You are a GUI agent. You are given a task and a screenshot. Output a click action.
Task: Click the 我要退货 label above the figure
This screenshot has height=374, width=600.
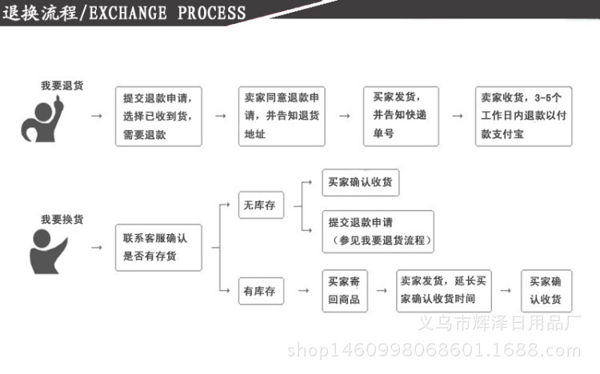pos(61,85)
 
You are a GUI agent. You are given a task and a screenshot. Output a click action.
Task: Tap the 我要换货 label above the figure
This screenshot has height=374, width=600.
pos(61,219)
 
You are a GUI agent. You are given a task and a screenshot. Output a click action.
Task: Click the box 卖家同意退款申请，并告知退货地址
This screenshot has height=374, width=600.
pos(282,117)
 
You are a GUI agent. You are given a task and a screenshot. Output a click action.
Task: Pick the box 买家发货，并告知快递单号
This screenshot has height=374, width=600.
pos(401,116)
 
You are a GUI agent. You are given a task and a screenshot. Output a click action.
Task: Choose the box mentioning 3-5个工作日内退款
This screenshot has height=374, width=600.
pos(523,116)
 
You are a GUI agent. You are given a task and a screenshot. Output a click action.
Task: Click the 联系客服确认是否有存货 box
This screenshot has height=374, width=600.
pos(158,248)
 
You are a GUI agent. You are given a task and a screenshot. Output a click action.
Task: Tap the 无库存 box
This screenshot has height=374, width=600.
pos(260,206)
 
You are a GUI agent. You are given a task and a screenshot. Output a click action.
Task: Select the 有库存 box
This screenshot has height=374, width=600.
pos(260,292)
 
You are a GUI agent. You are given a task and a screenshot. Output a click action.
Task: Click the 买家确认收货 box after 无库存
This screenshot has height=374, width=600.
pos(360,182)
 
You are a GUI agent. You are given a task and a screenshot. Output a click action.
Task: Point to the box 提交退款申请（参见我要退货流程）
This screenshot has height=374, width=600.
pos(378,232)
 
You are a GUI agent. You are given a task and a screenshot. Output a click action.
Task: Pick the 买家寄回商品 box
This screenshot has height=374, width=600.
pos(345,292)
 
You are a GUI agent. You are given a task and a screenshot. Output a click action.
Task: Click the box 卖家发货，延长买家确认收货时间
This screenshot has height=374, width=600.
pos(446,291)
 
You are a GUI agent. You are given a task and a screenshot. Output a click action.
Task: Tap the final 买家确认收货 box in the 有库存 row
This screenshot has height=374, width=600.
pos(546,291)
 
